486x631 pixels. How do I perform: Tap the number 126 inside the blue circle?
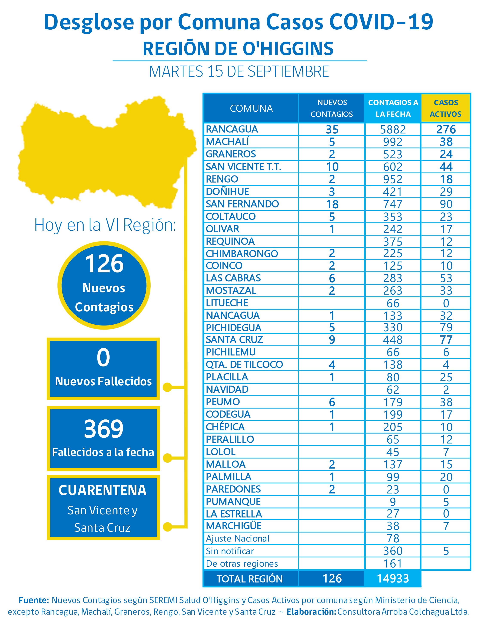click(x=104, y=263)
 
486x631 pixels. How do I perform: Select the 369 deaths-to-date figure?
click(x=104, y=429)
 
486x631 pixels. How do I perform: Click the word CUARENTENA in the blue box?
click(x=103, y=490)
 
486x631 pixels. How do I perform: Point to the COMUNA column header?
click(x=251, y=108)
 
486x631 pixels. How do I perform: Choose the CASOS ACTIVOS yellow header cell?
click(x=446, y=108)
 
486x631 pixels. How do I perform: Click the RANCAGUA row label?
click(x=232, y=129)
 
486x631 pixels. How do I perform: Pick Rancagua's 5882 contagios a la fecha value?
click(x=393, y=129)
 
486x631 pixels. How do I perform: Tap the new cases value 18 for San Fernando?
click(x=332, y=204)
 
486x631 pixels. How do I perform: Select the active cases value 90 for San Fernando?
click(x=446, y=204)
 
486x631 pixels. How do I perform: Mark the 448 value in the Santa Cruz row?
click(x=393, y=340)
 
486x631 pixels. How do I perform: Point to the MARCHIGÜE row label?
click(x=234, y=526)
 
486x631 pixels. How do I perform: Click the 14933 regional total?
click(x=393, y=579)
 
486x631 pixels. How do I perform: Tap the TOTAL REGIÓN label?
click(x=250, y=579)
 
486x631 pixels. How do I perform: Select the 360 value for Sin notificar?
click(x=393, y=551)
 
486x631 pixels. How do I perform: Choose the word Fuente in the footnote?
click(x=34, y=600)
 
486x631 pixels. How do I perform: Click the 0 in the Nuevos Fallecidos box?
click(x=103, y=358)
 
